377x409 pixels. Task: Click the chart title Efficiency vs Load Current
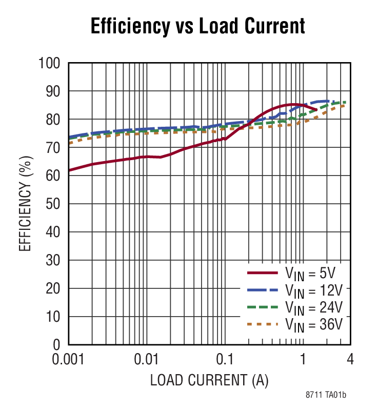pos(197,26)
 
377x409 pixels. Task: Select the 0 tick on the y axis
pos(56,345)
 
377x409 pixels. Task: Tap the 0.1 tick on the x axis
pos(224,359)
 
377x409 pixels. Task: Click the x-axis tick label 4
pos(350,359)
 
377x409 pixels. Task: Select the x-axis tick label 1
pos(303,359)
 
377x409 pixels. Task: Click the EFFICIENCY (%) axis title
pos(26,204)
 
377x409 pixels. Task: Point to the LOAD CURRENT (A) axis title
pos(210,381)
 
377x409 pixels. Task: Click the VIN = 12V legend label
pos(313,290)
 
